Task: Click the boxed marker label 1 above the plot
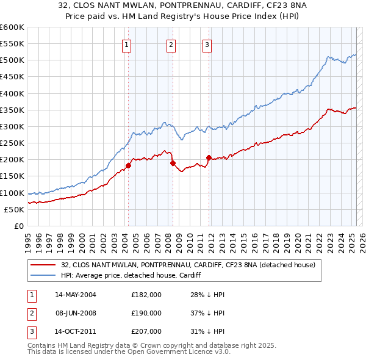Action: click(126, 44)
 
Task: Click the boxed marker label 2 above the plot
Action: click(171, 44)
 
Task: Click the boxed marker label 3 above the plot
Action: click(207, 44)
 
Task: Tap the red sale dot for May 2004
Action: click(129, 165)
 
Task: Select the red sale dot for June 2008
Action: click(173, 163)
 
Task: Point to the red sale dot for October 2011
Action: click(209, 157)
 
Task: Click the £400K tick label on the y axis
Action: click(12, 93)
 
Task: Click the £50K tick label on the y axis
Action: click(14, 209)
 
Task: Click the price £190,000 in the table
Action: click(146, 313)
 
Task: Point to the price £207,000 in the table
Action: click(146, 332)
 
